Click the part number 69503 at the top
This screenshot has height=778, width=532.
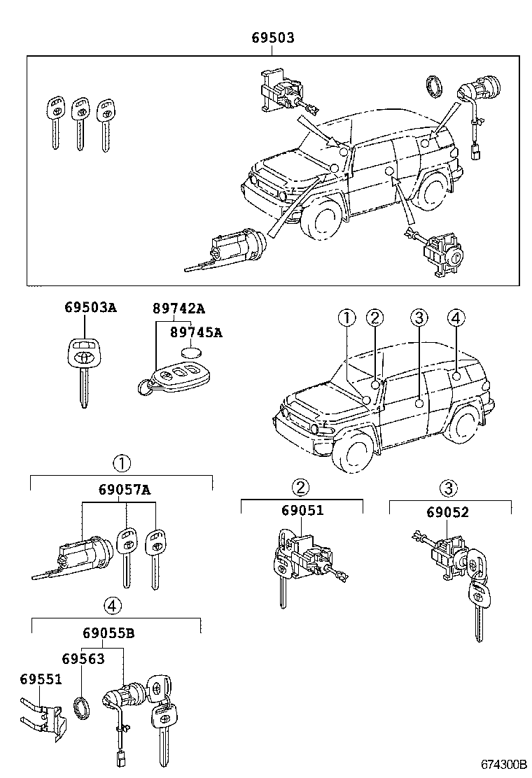(273, 38)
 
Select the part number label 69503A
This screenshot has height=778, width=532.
(90, 308)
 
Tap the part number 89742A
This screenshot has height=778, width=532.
(178, 308)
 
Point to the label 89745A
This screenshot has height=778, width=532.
(196, 332)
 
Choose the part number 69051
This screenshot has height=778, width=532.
(302, 511)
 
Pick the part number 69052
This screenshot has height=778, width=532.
(447, 512)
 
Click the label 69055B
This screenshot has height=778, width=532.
(108, 634)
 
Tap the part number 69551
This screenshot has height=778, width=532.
(41, 679)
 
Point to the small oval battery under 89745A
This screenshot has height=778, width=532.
(191, 353)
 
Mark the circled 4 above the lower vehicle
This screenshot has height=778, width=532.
(455, 319)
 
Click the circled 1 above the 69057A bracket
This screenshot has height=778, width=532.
(122, 462)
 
